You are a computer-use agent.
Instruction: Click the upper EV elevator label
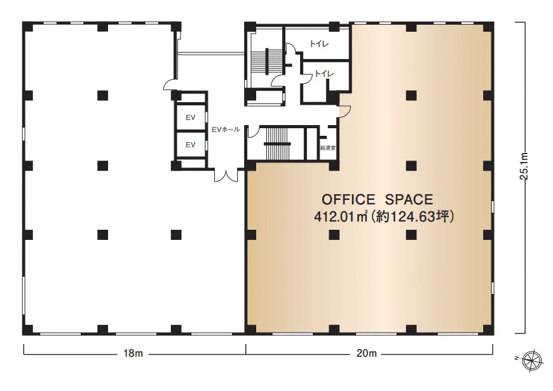pos(191,117)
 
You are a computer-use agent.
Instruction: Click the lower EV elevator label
pos(191,145)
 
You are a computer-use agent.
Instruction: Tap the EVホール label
pos(226,129)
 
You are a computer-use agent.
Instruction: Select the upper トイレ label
pos(319,44)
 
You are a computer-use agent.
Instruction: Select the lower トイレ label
pos(324,74)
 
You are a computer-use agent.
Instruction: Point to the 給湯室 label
pos(327,148)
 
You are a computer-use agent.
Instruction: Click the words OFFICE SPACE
pos(377,200)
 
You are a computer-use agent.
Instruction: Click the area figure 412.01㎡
pos(341,216)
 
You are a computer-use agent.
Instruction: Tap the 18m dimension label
pos(133,354)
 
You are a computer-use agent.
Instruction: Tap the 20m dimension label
pos(367,354)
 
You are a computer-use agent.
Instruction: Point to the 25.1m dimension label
pos(524,166)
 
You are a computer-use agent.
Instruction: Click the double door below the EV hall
pos(226,175)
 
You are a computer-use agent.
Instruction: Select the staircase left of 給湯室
pos(277,143)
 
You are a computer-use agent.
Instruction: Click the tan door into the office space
pos(345,111)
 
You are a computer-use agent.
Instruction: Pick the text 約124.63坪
pos(413,216)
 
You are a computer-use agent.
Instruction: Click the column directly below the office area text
pos(334,235)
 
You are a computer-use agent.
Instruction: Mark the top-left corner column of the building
pos(27,27)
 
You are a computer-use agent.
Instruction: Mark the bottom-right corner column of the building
pos(488,329)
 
